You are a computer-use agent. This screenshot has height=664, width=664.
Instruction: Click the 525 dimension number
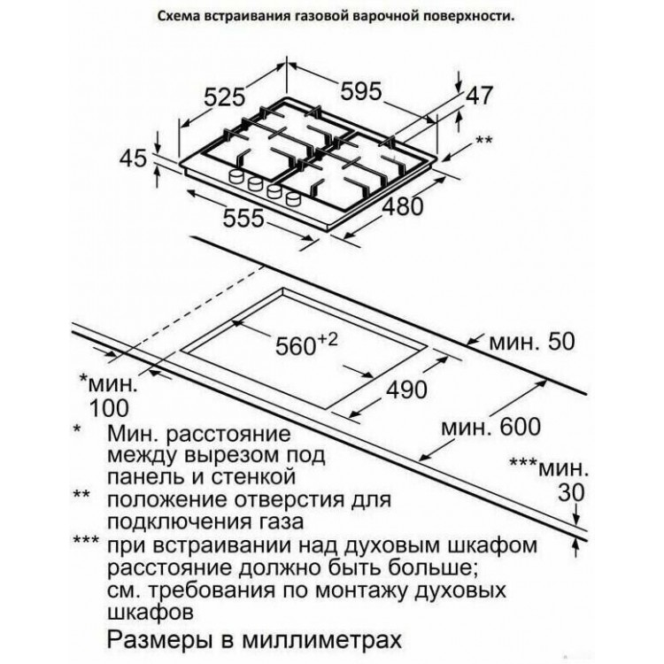point(225,97)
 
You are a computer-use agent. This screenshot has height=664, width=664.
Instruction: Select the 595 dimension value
point(361,90)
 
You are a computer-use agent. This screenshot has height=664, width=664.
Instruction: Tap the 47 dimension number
point(480,96)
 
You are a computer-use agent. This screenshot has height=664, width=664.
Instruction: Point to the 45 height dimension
point(133,158)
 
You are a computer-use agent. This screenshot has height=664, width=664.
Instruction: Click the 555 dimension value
point(243,218)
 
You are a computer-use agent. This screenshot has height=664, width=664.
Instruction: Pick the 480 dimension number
point(403,206)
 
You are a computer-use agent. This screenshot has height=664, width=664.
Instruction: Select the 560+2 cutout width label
point(306,345)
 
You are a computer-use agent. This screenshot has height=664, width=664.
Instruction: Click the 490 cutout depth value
point(405,390)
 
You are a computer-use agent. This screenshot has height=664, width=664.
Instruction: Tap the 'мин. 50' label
point(532,342)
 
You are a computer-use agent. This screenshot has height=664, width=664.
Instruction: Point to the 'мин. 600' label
point(491,427)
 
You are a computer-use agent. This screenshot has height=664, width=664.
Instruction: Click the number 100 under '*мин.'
point(109,408)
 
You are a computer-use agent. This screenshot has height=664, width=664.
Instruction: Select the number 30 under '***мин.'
point(571,492)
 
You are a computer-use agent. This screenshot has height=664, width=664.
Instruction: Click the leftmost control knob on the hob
point(236,176)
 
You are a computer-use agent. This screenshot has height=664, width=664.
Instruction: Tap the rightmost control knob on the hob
point(293,198)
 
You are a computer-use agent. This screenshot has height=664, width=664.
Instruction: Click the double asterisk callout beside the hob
point(484,139)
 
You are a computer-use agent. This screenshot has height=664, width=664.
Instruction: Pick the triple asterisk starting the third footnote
point(87,540)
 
